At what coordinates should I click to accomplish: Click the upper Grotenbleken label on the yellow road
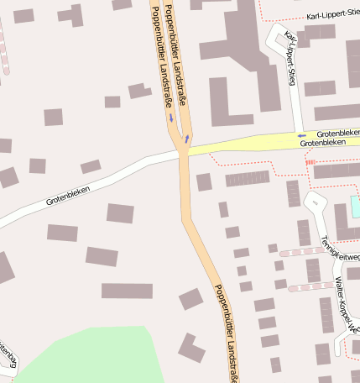point(337,134)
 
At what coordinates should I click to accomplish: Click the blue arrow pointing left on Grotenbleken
point(300,134)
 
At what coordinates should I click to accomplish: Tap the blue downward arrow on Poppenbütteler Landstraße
point(171,118)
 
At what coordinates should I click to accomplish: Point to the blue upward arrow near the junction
point(187,138)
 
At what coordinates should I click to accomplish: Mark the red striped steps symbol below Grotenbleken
point(310,161)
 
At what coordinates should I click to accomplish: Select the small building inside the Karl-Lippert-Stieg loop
point(280,41)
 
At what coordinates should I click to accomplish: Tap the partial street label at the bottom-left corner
point(7,354)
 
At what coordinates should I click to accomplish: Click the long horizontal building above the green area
point(127,291)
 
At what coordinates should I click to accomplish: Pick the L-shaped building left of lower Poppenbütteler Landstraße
point(191,349)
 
